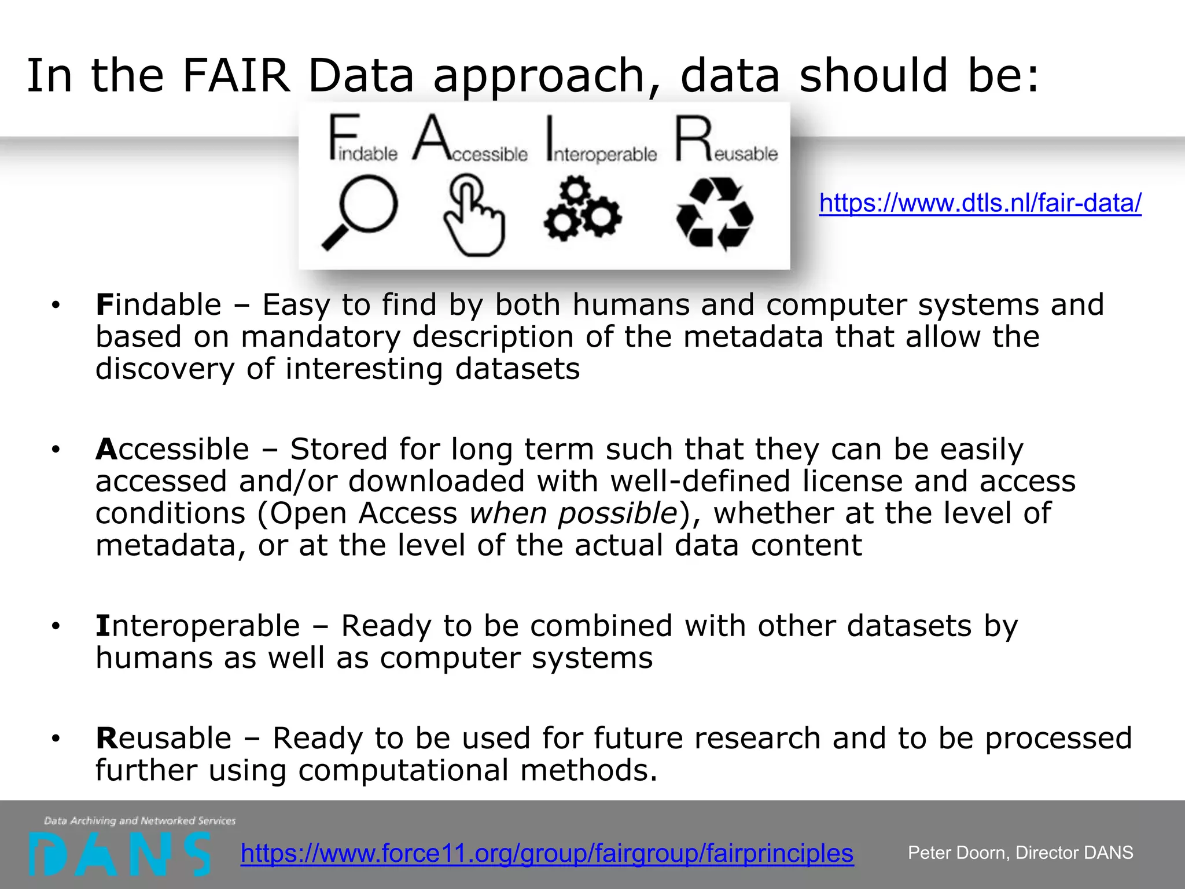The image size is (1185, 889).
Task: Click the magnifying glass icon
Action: [x=360, y=212]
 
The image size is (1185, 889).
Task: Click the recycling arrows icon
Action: [x=715, y=214]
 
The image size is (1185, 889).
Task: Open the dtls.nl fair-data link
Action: [x=980, y=203]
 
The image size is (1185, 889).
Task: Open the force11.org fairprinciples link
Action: [x=547, y=853]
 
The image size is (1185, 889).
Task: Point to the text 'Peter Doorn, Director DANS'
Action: [x=1020, y=853]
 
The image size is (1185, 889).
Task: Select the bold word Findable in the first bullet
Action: [x=159, y=304]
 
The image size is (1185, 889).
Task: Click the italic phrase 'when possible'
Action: [x=573, y=513]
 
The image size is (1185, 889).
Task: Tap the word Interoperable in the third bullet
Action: [x=198, y=626]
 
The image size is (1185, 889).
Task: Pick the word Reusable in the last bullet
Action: [x=164, y=738]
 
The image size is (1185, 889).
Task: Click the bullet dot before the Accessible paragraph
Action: [x=56, y=450]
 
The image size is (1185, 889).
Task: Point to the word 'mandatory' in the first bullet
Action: [x=321, y=337]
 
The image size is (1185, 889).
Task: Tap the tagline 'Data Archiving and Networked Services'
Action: [x=140, y=821]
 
